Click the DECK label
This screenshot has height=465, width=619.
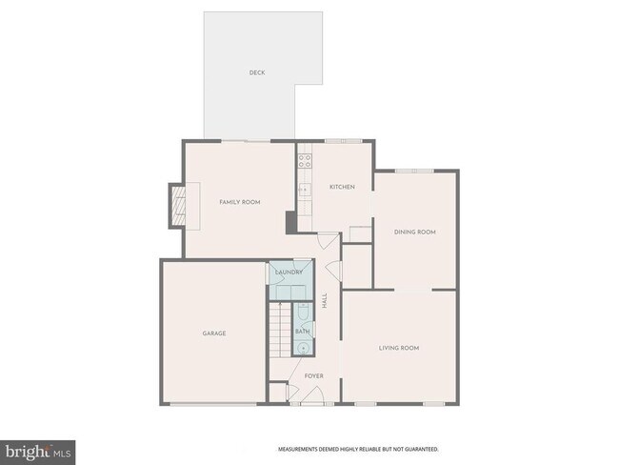(256, 72)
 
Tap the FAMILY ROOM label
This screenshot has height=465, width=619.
(239, 202)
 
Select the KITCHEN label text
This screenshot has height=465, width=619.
(342, 187)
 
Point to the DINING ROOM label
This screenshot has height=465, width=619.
(415, 232)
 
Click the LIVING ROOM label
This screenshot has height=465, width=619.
(399, 348)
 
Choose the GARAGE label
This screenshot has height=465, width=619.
(213, 333)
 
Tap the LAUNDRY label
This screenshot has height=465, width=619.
(289, 273)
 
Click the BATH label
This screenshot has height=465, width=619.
(302, 331)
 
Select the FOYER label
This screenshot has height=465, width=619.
(313, 375)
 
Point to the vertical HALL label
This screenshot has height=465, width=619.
(325, 299)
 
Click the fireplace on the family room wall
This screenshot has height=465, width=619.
(177, 204)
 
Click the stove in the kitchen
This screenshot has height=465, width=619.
(305, 163)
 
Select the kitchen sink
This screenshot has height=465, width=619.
(304, 191)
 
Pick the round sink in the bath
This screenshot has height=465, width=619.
(302, 347)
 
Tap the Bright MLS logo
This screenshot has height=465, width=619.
(38, 450)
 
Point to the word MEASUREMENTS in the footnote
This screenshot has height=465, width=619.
(298, 449)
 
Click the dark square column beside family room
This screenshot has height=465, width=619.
(290, 221)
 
